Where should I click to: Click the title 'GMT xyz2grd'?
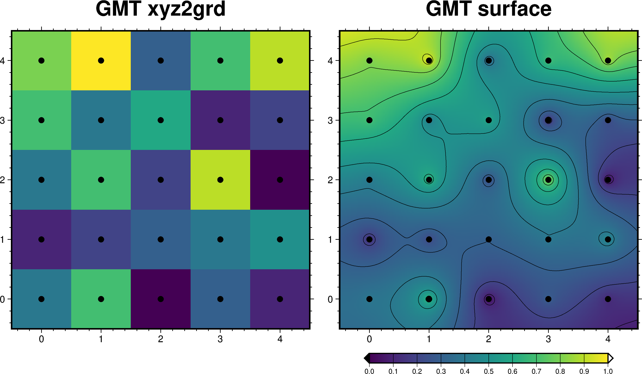click(x=161, y=9)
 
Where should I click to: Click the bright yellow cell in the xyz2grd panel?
click(x=101, y=61)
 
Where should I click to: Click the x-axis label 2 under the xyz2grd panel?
click(x=161, y=339)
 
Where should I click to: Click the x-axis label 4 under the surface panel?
click(x=608, y=339)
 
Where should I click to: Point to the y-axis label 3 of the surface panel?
click(x=330, y=120)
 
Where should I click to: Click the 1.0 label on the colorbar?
click(x=608, y=371)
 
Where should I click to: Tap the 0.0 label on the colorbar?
click(x=369, y=371)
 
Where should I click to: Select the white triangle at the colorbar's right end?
click(x=610, y=358)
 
